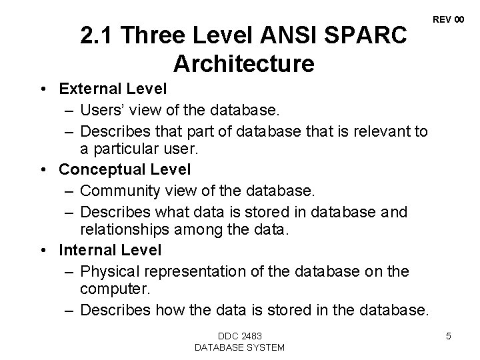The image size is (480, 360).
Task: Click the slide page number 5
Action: pos(449,336)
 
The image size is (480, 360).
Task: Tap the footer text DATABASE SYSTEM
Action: pos(239,347)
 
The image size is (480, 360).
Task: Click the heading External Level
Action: pos(113,89)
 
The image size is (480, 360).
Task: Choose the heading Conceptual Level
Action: pos(125,170)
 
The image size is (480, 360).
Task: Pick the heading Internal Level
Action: pos(110,251)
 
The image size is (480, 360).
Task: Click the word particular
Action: pos(123,150)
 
